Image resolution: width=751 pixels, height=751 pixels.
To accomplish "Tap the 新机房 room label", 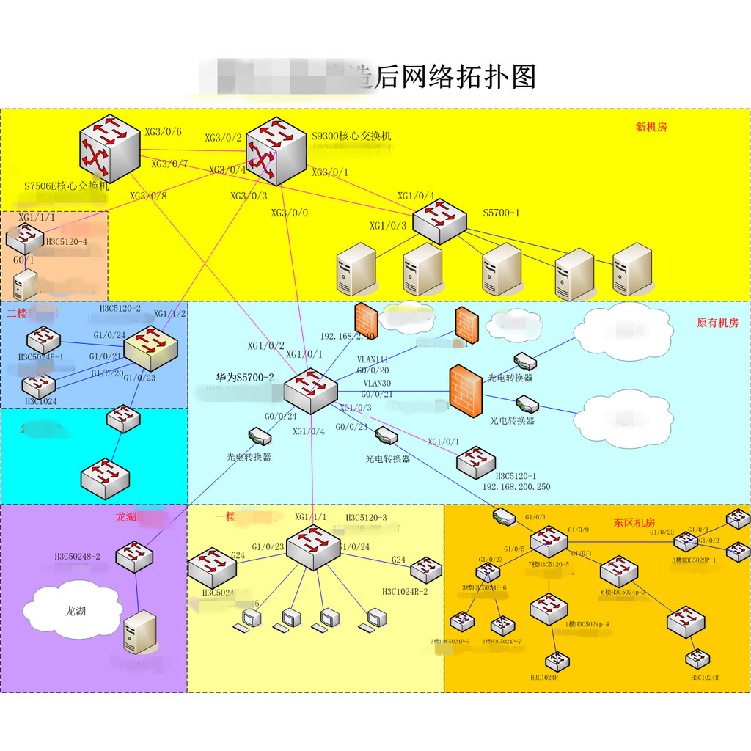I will click(x=651, y=127).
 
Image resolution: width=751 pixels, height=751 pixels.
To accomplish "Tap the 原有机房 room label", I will click(x=717, y=323).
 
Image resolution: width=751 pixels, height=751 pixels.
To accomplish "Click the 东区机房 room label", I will click(x=634, y=523).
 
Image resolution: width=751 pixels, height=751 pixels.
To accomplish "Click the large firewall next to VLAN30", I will click(x=466, y=389).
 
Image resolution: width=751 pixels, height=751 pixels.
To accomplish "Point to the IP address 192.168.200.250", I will click(x=516, y=487).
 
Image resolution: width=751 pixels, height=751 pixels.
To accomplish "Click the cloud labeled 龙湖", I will click(x=73, y=609).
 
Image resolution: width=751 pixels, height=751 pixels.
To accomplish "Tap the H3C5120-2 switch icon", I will click(x=150, y=348).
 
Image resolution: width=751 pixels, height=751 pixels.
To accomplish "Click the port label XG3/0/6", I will click(x=163, y=132).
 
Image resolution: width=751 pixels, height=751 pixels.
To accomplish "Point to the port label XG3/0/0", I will click(x=290, y=213).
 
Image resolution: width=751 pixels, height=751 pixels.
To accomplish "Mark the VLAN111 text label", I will click(x=373, y=359).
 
